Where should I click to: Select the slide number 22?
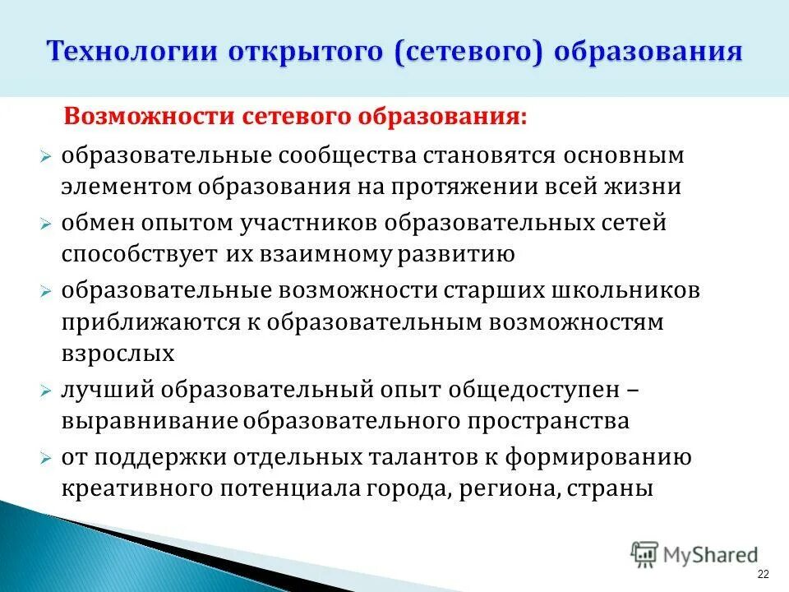tap(764, 574)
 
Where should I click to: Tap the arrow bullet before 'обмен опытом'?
tap(48, 224)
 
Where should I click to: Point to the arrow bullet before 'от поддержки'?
tap(48, 458)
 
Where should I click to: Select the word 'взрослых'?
tap(118, 354)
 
